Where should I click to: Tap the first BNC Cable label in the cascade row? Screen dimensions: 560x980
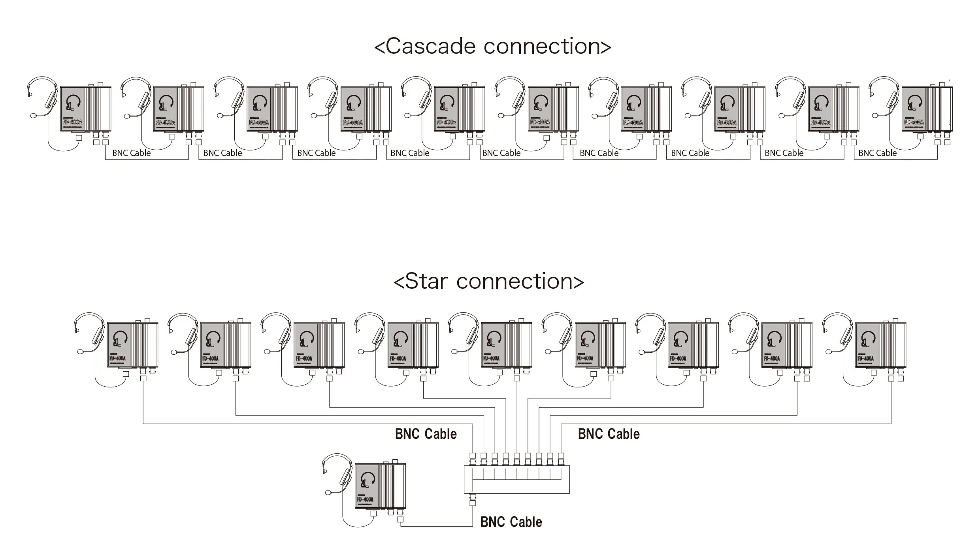pos(131,153)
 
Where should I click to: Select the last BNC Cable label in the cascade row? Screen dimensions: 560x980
pos(877,153)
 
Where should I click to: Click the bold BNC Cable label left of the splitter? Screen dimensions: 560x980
pos(426,434)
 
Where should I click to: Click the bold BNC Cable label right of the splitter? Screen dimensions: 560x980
pos(609,434)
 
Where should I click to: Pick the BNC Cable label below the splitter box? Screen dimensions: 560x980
pos(511,522)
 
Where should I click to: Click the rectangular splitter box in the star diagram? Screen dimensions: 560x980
pos(516,479)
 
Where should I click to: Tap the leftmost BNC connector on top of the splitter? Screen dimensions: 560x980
pos(473,459)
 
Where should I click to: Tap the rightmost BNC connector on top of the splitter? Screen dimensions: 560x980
pos(561,459)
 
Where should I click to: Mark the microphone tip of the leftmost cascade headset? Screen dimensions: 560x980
pos(34,116)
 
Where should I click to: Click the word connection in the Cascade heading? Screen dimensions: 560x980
pos(547,47)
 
